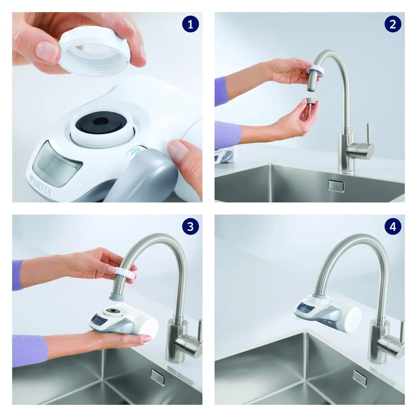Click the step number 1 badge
coord(191,24)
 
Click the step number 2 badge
coord(392,24)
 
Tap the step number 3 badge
coord(191,226)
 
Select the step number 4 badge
coord(392,226)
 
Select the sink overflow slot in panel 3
coord(158,376)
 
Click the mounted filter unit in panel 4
coord(327,313)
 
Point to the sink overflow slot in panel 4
coord(359,377)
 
